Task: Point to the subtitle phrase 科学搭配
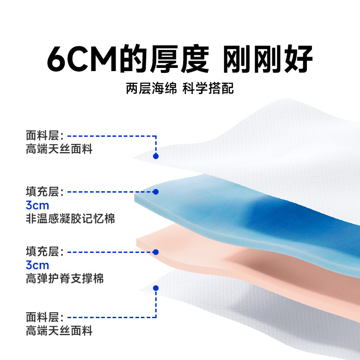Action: (208, 88)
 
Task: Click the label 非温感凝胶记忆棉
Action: (70, 219)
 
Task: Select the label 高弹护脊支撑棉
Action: (65, 279)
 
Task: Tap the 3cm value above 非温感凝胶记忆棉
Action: (37, 206)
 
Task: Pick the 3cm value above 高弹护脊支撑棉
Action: (37, 265)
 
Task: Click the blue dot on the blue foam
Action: (156, 192)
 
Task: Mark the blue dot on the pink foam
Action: (156, 252)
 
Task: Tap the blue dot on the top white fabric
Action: (156, 156)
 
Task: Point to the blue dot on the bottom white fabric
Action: (156, 288)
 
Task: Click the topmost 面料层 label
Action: (44, 136)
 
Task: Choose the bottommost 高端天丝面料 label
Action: (59, 331)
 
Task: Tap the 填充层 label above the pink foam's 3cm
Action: (44, 252)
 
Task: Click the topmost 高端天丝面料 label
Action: (59, 149)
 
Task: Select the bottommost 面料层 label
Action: (44, 317)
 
